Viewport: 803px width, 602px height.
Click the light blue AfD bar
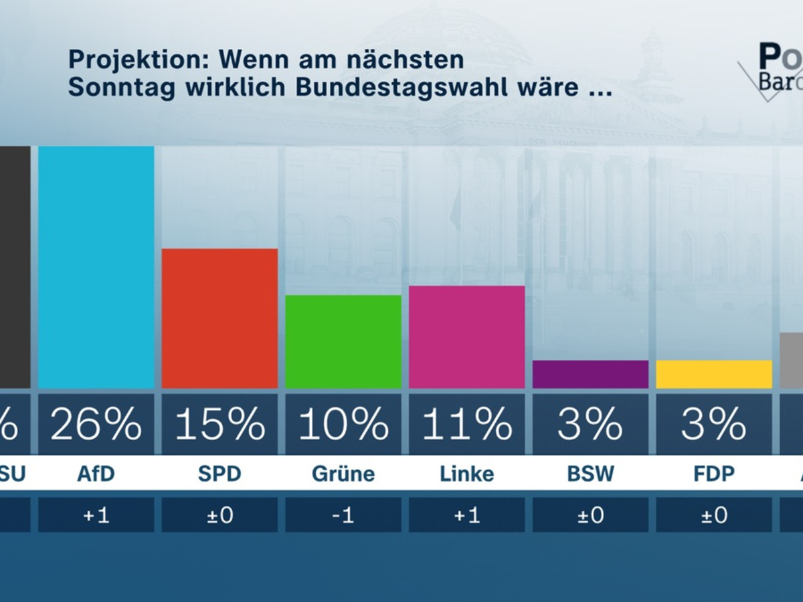(x=96, y=267)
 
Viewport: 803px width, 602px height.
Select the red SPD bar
(x=219, y=318)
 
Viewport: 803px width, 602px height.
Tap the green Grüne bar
(x=343, y=342)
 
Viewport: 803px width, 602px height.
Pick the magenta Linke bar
(x=466, y=337)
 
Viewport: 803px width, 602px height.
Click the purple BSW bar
(x=590, y=375)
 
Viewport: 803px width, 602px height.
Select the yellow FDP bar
(x=713, y=375)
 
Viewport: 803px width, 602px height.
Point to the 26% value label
(x=96, y=423)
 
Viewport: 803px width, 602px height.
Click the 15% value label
(x=219, y=423)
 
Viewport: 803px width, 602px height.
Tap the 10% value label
(x=343, y=423)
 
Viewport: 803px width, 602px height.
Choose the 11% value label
(x=466, y=423)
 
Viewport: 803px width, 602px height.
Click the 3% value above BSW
(x=590, y=423)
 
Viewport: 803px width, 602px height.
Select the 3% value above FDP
(x=713, y=423)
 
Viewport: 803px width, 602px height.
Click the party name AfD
(x=96, y=474)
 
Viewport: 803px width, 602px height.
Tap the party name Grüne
(x=343, y=474)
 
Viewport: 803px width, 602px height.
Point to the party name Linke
(x=466, y=474)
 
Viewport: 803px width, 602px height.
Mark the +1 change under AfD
(x=96, y=516)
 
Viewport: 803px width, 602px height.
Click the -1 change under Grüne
(x=343, y=516)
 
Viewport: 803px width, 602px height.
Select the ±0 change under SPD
(x=219, y=516)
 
